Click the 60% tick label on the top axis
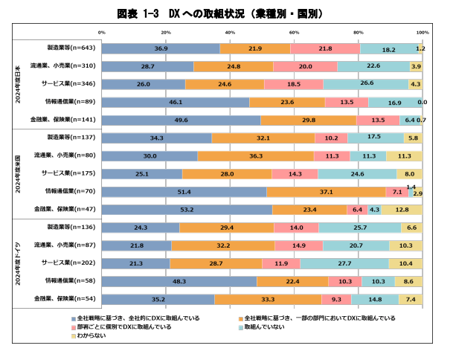pos(295,33)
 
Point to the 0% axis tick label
pos(102,33)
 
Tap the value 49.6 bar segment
pos(181,120)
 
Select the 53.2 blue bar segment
pos(187,210)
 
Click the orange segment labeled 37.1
pos(326,192)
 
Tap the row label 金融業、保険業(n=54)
pos(69,300)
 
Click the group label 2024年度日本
pos(18,83)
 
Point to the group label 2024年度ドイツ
pos(18,263)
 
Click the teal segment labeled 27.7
pos(344,263)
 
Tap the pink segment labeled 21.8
pos(325,48)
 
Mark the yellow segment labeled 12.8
pos(402,210)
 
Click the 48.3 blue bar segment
pos(179,282)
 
